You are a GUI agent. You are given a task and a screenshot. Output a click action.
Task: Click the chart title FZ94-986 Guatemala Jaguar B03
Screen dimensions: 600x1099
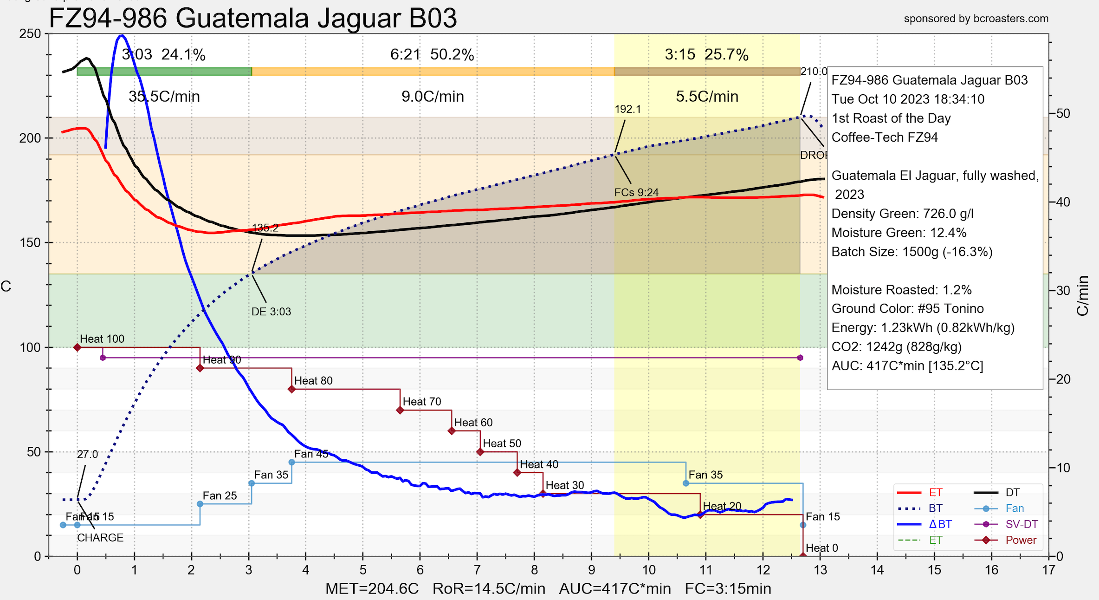pos(253,19)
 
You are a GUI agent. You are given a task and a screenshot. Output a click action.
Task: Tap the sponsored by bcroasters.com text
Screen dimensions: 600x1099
pos(976,19)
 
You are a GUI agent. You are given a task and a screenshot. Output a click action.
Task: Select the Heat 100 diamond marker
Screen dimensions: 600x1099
pos(78,347)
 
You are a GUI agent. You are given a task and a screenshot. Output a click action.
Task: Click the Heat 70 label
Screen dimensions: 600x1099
pos(421,402)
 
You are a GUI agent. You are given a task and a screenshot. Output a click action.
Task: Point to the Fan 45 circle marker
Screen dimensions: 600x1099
pos(292,462)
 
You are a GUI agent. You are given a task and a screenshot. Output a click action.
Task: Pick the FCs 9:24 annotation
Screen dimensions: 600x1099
pos(636,192)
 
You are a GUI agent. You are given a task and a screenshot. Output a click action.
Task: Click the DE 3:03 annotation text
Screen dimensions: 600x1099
pos(271,312)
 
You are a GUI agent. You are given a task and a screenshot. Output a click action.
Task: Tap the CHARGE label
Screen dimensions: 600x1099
pos(100,538)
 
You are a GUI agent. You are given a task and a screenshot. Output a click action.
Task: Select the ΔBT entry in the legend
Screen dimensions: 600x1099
pos(940,524)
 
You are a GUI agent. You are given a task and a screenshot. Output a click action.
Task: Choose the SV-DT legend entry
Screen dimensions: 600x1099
pos(1021,524)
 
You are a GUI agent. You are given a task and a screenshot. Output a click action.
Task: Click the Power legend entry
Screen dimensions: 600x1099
pos(1021,540)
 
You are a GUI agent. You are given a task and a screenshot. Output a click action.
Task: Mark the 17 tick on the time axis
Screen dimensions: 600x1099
pos(1048,570)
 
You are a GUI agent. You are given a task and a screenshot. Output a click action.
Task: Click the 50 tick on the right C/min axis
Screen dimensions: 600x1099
pos(1063,113)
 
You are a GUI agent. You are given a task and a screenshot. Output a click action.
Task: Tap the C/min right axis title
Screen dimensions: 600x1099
pos(1083,296)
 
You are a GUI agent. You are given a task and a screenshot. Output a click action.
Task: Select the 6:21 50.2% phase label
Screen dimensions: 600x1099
pos(432,55)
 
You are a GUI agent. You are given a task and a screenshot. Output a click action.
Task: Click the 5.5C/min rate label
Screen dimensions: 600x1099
pos(707,97)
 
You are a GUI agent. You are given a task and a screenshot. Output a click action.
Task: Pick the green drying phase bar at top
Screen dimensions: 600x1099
pos(164,72)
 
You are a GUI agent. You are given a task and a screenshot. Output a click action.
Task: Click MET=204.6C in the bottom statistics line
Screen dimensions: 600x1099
pos(372,589)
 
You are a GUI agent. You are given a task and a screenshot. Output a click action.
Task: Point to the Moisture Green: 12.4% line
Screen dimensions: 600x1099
pos(899,233)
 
